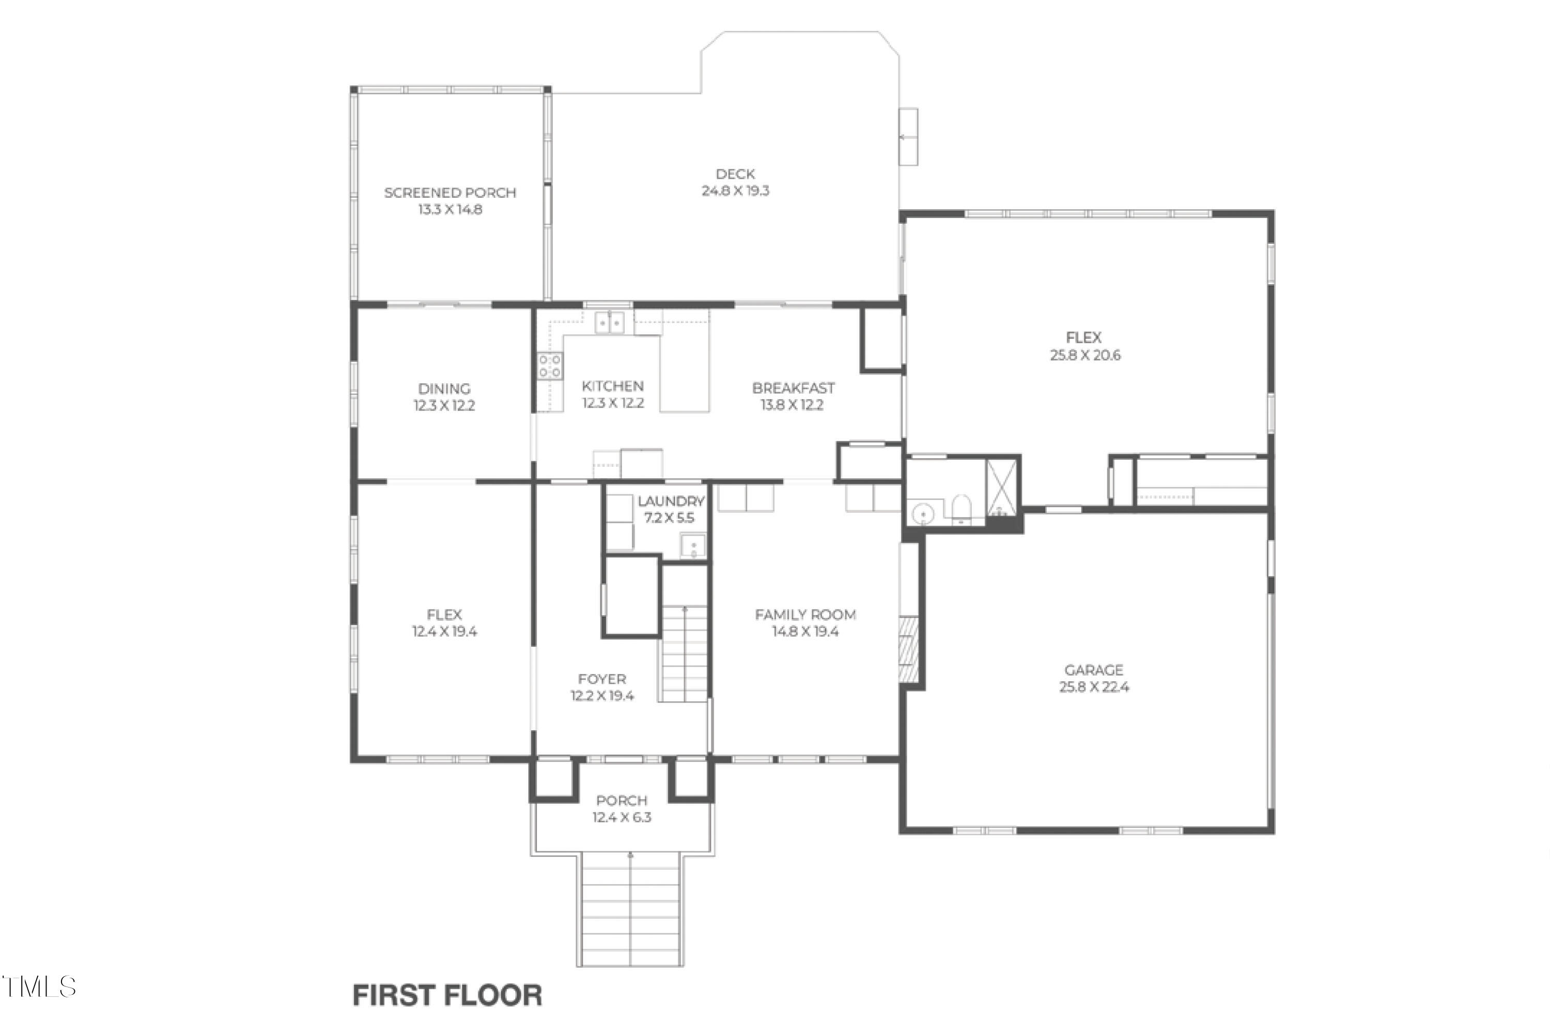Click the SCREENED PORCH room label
(450, 193)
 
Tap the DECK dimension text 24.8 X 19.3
(735, 191)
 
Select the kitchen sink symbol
(610, 322)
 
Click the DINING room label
(444, 388)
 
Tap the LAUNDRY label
(670, 501)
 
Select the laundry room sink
(692, 545)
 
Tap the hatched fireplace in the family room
(908, 648)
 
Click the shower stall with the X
(1001, 488)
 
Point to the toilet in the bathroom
(961, 509)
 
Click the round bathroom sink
(923, 512)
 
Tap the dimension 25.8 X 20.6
(1084, 355)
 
